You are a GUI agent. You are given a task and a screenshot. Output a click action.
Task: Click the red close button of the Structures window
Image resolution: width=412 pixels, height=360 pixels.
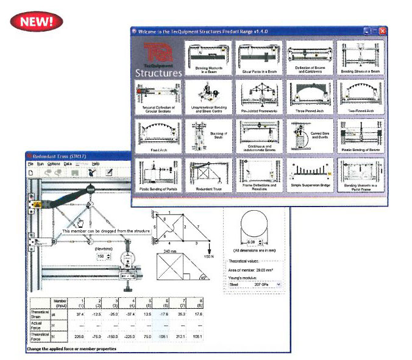pos(382,30)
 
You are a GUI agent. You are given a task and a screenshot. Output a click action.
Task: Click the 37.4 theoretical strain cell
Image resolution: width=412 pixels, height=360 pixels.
pos(78,314)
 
